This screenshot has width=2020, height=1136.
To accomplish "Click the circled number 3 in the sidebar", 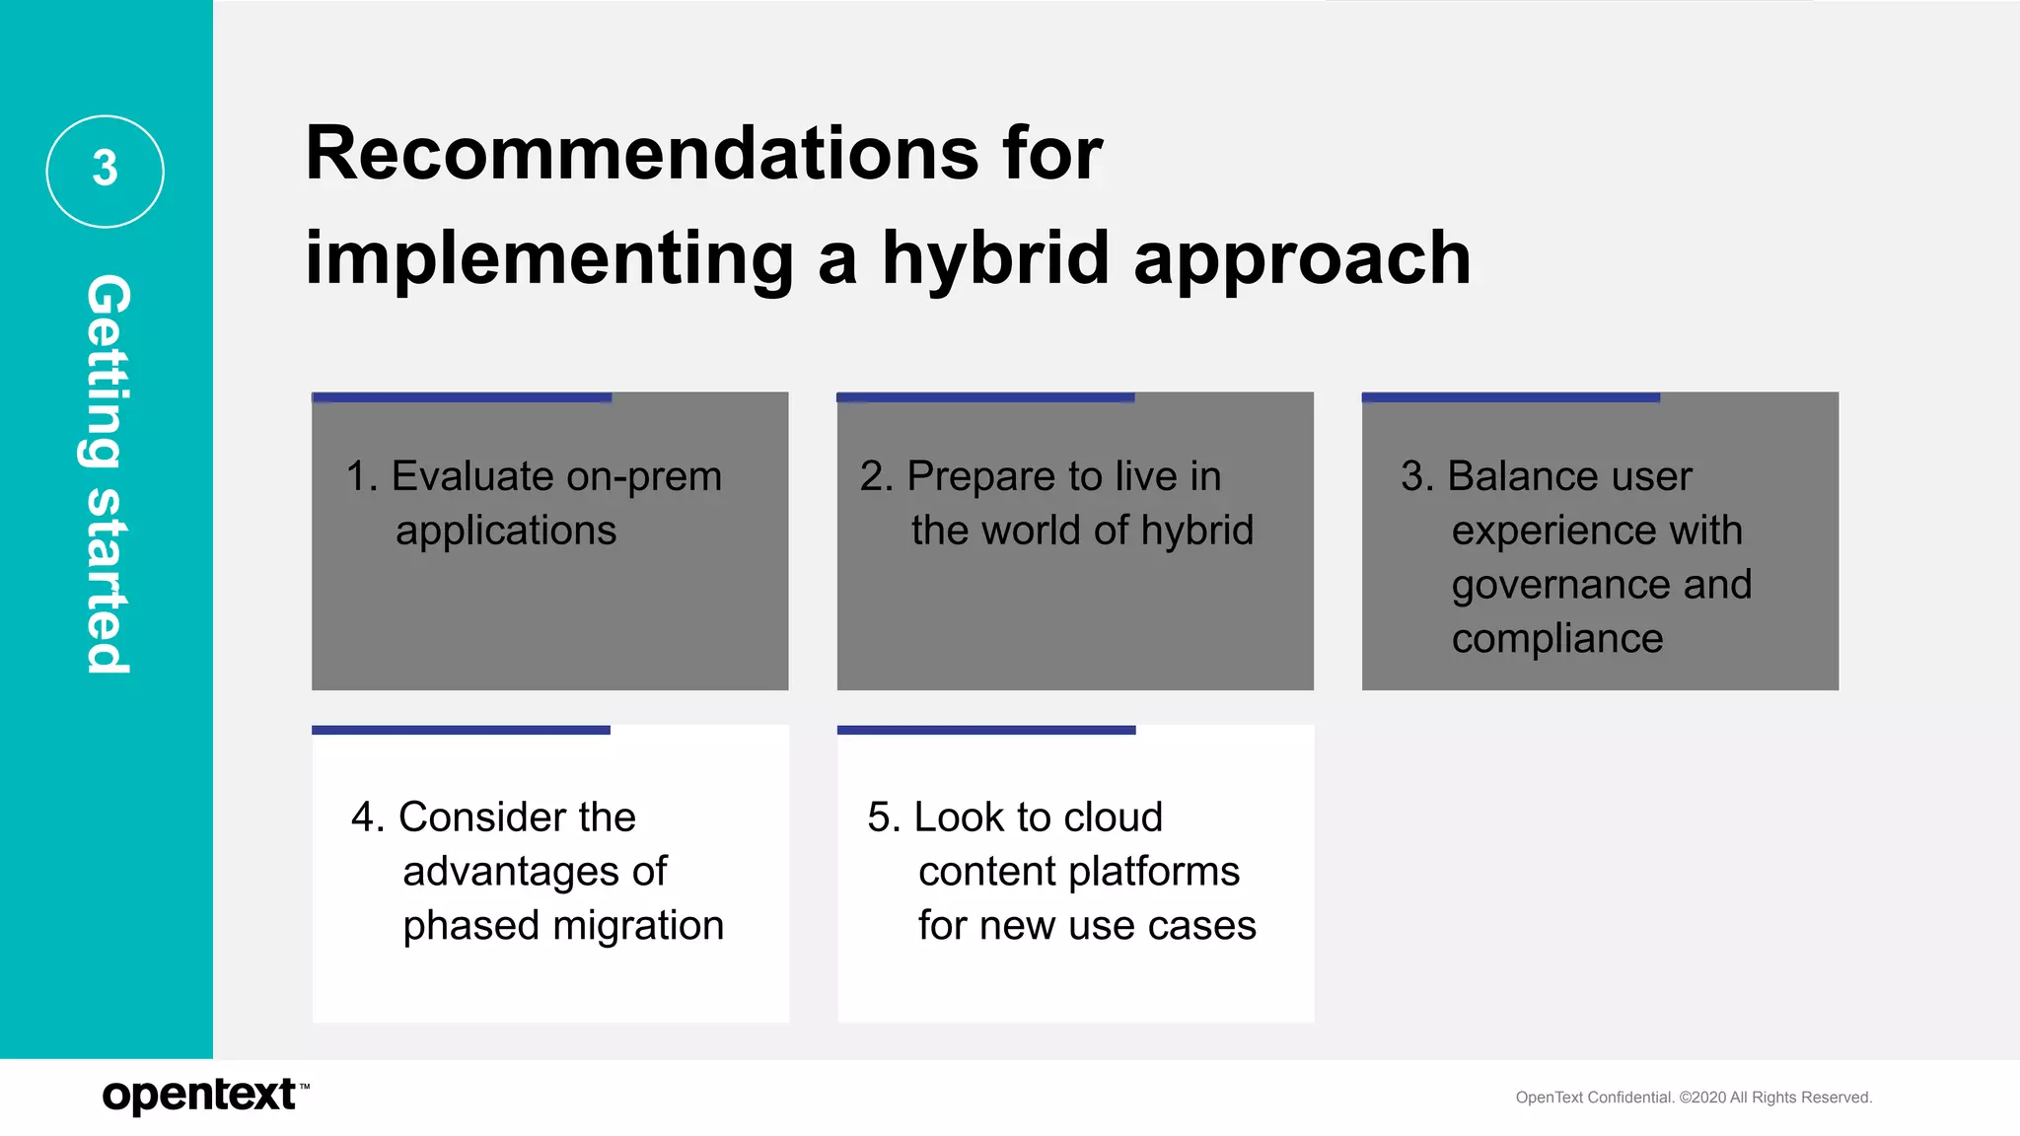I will [105, 171].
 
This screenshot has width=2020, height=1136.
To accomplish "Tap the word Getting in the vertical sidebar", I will [107, 371].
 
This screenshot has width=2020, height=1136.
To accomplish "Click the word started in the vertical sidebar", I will [107, 582].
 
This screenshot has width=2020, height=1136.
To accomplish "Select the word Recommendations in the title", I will [642, 154].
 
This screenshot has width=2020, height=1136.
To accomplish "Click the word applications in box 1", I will [506, 532].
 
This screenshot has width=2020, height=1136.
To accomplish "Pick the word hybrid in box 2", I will [1196, 531].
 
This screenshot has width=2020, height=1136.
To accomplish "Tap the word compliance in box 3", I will [1556, 639].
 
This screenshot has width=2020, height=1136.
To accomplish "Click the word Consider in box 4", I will [481, 817].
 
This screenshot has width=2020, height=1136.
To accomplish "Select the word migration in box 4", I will [638, 926].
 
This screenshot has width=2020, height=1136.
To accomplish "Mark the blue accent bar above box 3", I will [1510, 397].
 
